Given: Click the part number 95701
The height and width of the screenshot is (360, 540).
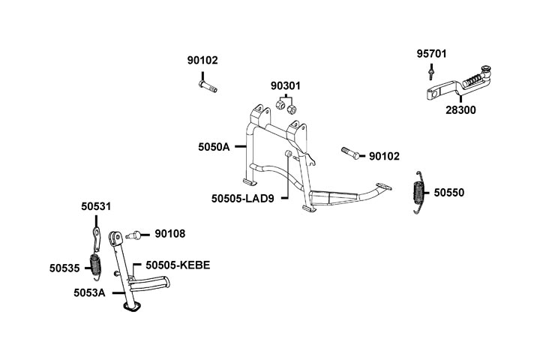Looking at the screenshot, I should [432, 53].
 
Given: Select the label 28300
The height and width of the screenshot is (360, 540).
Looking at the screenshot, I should [460, 109].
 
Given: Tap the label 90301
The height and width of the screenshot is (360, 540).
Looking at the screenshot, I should [286, 86].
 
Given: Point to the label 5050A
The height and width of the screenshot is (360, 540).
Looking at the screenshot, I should [214, 148].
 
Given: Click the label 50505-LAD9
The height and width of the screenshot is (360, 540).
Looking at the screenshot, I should [248, 199].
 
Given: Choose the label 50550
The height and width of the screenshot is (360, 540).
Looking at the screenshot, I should [449, 193].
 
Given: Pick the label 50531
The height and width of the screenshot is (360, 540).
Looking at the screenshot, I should [96, 205].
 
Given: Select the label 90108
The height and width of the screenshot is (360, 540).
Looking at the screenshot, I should [170, 234].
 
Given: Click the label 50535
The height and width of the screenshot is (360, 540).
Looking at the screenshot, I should [65, 266].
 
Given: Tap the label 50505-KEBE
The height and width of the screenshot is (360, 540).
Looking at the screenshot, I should [178, 265].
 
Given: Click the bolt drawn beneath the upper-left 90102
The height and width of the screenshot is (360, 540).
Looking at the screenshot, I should [208, 87].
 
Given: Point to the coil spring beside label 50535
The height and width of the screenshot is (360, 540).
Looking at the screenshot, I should [96, 265].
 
